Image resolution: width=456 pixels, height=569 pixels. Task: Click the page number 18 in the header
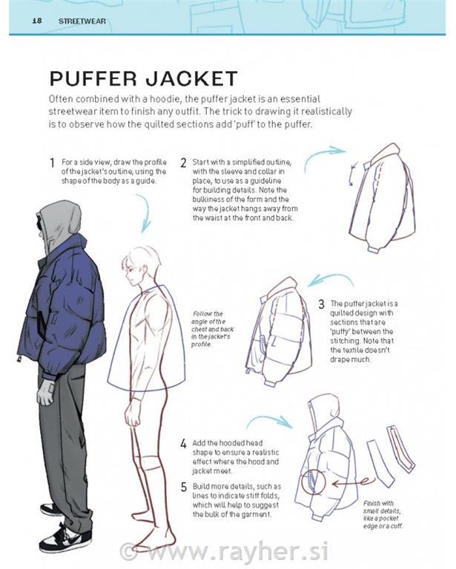[36, 21]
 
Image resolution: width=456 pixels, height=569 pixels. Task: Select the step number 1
[52, 162]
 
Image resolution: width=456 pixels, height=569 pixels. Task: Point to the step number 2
[183, 162]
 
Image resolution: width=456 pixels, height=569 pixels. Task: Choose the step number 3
[321, 304]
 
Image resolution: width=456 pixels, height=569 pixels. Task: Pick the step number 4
[183, 444]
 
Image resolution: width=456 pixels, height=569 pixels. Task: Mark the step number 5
[183, 487]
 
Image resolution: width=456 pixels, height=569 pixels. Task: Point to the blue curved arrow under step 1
[143, 212]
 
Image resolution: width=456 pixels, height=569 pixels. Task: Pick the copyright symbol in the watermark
[129, 550]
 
